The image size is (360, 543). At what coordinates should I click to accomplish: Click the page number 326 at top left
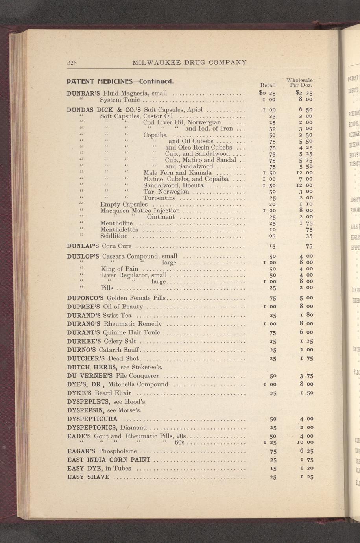click(x=71, y=62)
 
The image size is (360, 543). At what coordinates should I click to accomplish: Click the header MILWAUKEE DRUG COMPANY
click(x=190, y=62)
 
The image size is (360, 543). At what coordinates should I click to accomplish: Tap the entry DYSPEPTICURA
click(x=92, y=419)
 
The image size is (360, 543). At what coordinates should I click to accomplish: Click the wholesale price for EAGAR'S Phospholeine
click(x=306, y=451)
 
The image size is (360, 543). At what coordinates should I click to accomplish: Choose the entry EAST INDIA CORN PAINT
click(x=109, y=460)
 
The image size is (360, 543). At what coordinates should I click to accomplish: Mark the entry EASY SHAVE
click(x=89, y=477)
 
